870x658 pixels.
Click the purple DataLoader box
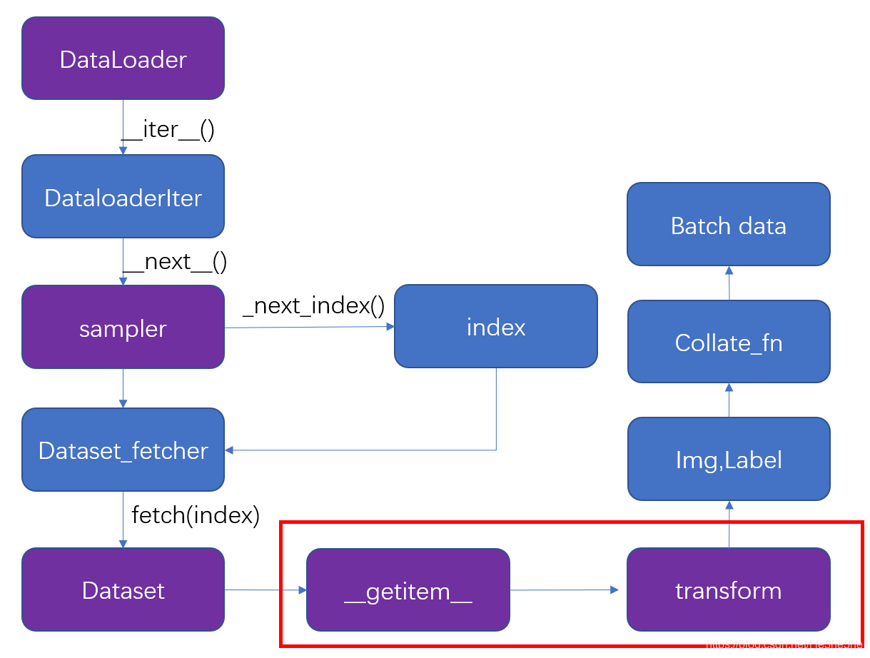(x=123, y=59)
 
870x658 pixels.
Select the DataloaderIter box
(x=123, y=197)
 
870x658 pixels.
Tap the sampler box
(x=123, y=328)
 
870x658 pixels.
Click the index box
(x=495, y=327)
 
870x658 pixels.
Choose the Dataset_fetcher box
(x=123, y=450)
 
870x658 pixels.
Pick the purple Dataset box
(x=123, y=590)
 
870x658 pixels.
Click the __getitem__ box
(x=408, y=591)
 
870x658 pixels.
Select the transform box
(x=728, y=590)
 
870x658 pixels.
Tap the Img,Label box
(x=728, y=460)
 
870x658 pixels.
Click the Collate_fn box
(x=728, y=343)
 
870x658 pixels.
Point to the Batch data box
(x=728, y=226)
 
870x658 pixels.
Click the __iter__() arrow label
(x=168, y=129)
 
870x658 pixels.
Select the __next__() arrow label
(x=175, y=261)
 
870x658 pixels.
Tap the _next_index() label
(x=313, y=305)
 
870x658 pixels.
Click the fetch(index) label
(x=195, y=515)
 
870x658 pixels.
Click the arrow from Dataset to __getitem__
(x=265, y=590)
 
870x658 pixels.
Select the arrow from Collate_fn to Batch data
(x=729, y=283)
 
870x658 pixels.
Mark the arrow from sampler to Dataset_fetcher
(x=123, y=388)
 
